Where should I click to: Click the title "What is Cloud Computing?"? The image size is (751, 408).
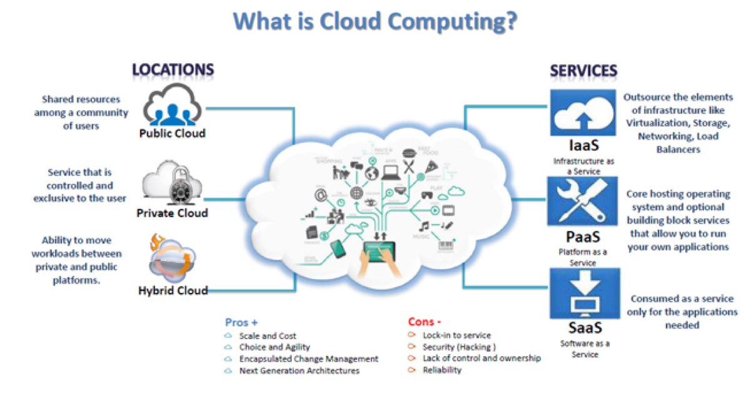375,22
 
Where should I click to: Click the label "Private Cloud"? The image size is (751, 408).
172,213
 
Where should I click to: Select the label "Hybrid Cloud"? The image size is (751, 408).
173,290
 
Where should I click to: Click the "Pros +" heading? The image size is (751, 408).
241,323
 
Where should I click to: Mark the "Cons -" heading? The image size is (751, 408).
425,322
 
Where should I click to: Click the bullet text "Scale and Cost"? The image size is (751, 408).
268,336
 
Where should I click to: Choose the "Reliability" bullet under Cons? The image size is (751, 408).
442,370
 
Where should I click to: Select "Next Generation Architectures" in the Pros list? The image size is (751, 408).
300,370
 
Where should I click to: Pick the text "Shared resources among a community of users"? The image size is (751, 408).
81,113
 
